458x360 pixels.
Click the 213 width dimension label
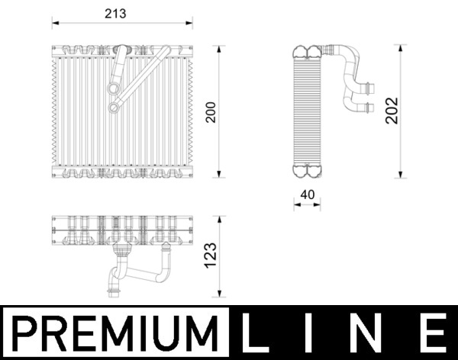click(x=114, y=14)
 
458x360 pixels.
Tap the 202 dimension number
click(x=392, y=110)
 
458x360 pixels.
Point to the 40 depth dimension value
click(x=308, y=194)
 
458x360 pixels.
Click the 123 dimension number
click(x=211, y=256)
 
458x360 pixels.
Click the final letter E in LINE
click(x=432, y=334)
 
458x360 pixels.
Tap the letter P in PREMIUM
click(x=24, y=334)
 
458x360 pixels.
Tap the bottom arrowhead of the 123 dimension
click(x=221, y=296)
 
